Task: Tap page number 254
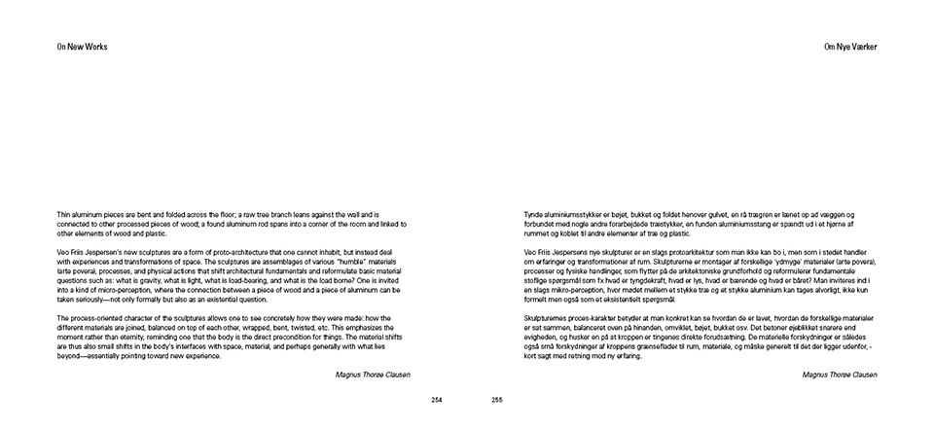pos(437,400)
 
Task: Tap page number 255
pos(496,400)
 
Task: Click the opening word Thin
pos(64,213)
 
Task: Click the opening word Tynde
pos(534,213)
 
